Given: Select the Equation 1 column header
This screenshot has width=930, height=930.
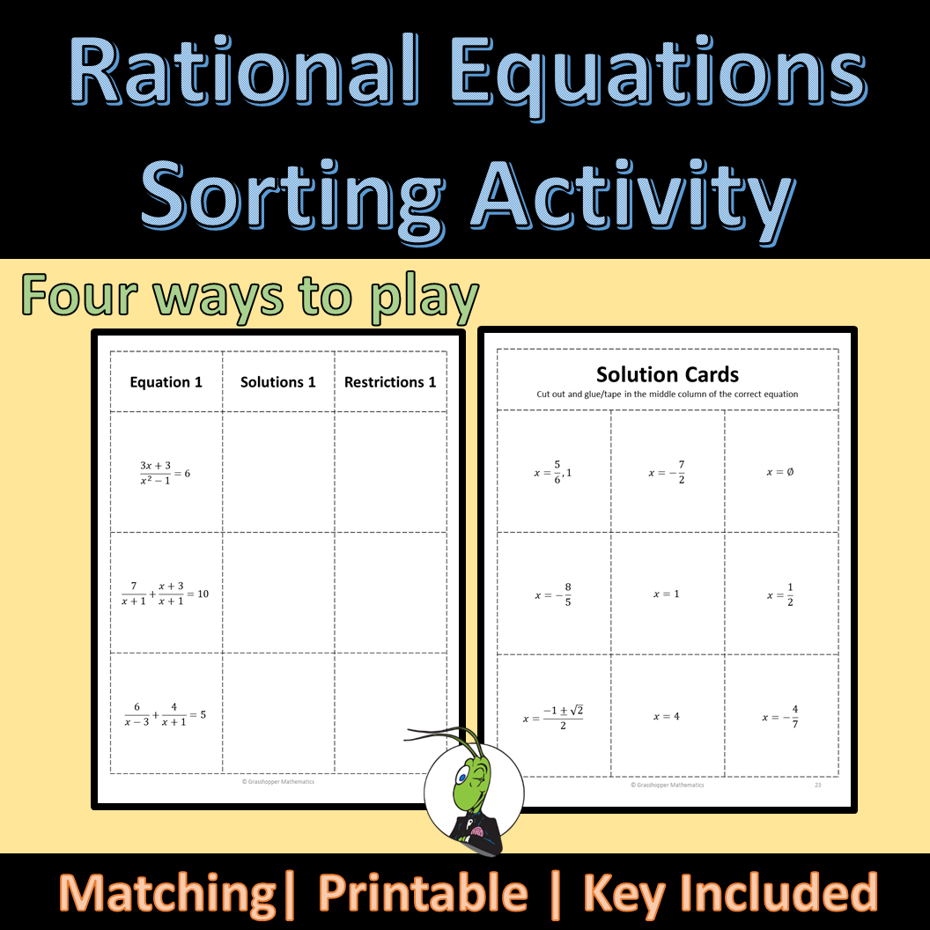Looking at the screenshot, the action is coord(166,382).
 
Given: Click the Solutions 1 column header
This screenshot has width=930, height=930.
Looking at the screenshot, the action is coord(278,382).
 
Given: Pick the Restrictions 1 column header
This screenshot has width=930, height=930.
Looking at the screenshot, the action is coord(390,382).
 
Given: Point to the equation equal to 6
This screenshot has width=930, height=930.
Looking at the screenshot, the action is coord(165,473).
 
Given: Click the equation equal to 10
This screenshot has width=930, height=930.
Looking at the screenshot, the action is coord(165,594).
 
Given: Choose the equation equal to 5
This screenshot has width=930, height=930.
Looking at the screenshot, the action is coord(165,715).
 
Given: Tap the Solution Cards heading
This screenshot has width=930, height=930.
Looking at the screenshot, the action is coord(668,375).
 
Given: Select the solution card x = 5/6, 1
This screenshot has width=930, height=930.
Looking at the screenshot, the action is coord(553,473).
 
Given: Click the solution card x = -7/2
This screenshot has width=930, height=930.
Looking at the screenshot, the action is coord(668,473).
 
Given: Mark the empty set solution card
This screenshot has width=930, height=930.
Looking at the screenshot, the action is coord(780,472).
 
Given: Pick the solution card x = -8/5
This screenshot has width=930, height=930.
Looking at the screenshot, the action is coord(553,594).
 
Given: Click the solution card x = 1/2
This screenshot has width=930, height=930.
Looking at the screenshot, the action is coord(780,594).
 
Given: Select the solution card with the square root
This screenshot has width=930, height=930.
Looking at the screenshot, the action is coord(553,717).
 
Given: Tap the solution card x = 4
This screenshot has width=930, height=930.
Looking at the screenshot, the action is coord(667,717).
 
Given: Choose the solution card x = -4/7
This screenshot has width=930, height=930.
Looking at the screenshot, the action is coord(780,717).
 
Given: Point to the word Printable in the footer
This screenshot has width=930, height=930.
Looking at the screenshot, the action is coord(423,893).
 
